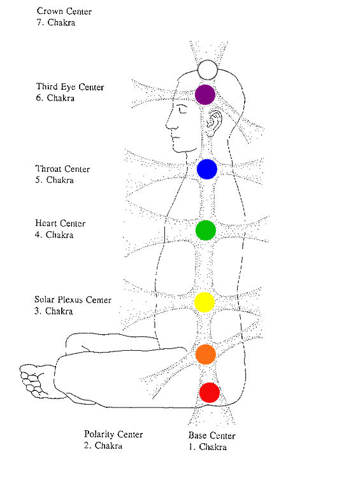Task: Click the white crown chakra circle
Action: coord(208,69)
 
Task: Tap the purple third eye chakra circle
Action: coord(205,95)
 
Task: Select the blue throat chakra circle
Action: coord(207,169)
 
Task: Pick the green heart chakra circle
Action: coord(206,230)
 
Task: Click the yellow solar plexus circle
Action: coord(205,302)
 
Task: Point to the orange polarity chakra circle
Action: coord(206,355)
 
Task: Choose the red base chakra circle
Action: coord(210,392)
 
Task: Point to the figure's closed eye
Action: coord(183,110)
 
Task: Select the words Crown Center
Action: coord(64,11)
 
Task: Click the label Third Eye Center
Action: coord(70,87)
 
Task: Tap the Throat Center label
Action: coord(62,169)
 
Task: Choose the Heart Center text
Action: coord(61,223)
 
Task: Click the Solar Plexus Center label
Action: coord(73,300)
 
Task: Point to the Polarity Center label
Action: coord(113,434)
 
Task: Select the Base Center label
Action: coord(212,435)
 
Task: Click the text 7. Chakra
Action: coord(56,23)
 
